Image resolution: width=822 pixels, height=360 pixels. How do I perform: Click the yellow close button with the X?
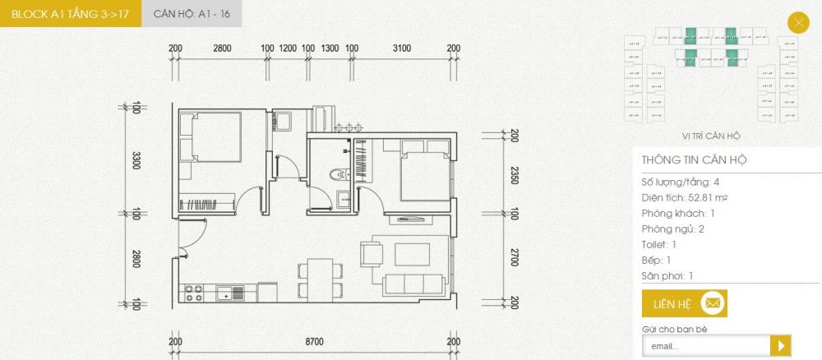point(797,23)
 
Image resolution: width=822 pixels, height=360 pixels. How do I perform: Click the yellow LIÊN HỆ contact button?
point(684,303)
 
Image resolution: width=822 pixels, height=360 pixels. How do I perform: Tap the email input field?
point(705,346)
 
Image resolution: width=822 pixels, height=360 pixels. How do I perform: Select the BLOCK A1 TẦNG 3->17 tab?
point(70,14)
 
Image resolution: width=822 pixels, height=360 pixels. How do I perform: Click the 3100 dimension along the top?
point(401,48)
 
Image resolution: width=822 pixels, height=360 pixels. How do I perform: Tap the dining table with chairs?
point(316,277)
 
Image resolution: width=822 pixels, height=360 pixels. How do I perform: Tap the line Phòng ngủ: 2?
point(674,228)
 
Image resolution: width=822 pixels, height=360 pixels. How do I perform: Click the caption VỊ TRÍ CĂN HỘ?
point(711,136)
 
